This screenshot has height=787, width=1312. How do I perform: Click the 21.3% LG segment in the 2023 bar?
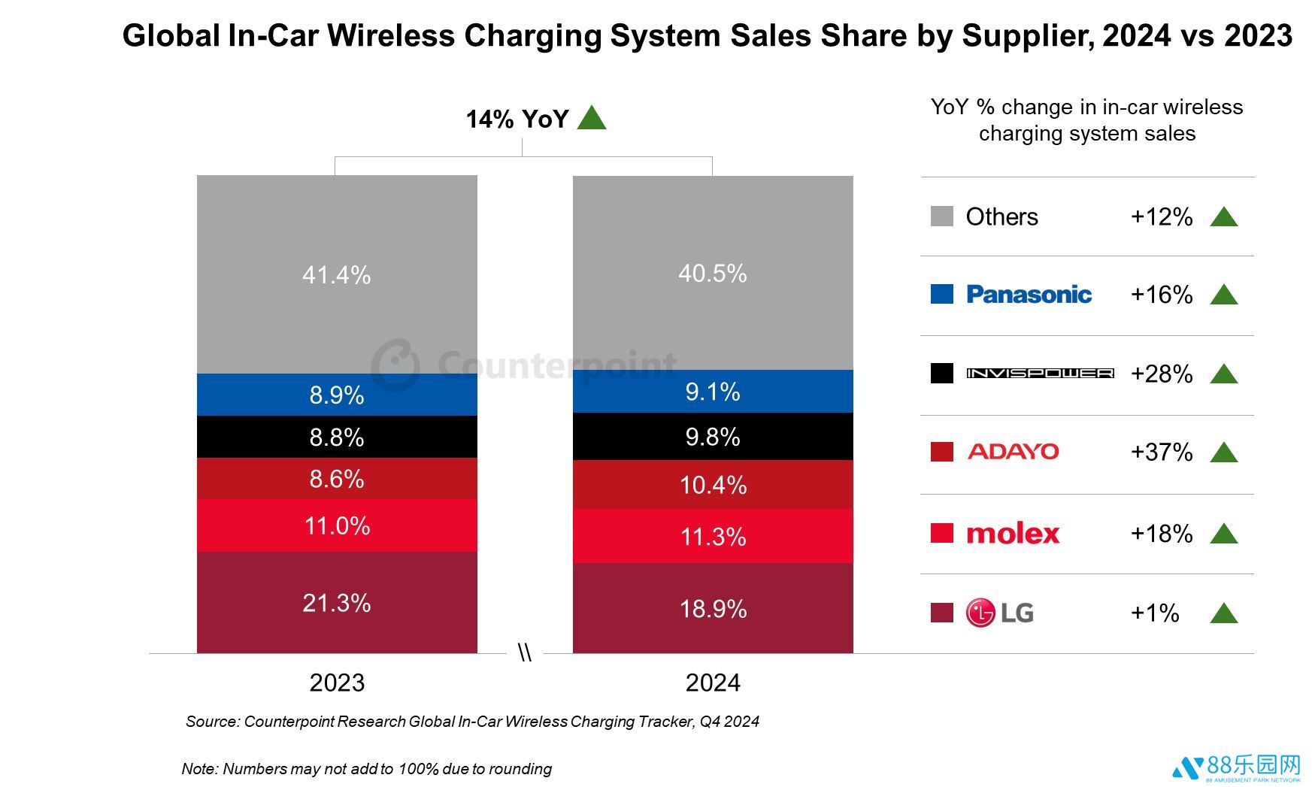click(x=337, y=602)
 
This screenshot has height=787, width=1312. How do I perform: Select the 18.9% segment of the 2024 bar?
click(x=713, y=608)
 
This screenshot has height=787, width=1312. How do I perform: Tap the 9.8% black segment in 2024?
click(x=713, y=437)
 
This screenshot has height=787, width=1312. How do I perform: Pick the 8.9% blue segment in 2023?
click(x=337, y=395)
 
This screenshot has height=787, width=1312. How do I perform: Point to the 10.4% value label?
click(x=713, y=485)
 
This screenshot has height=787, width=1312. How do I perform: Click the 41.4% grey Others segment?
click(x=337, y=274)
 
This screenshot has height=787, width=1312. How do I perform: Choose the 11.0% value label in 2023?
click(x=337, y=525)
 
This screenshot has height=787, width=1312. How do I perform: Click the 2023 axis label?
click(x=337, y=683)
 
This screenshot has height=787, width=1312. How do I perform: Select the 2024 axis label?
click(x=713, y=683)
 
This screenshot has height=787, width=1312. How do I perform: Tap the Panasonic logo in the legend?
click(x=1029, y=295)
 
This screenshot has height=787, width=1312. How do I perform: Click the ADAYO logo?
click(x=1014, y=452)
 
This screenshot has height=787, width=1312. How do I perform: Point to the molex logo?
click(x=1013, y=534)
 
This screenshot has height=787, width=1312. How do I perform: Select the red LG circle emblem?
click(x=980, y=613)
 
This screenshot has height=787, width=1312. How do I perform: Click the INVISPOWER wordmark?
click(x=1040, y=374)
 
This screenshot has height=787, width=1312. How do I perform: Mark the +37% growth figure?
click(x=1162, y=452)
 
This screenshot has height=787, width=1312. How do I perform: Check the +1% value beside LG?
click(x=1155, y=613)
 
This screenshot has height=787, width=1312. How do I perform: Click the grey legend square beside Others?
click(x=941, y=216)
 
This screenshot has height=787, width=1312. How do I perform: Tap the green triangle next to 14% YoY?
click(x=592, y=118)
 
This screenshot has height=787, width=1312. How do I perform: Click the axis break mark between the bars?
click(x=525, y=653)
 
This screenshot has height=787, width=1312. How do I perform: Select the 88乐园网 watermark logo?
click(x=1238, y=767)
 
